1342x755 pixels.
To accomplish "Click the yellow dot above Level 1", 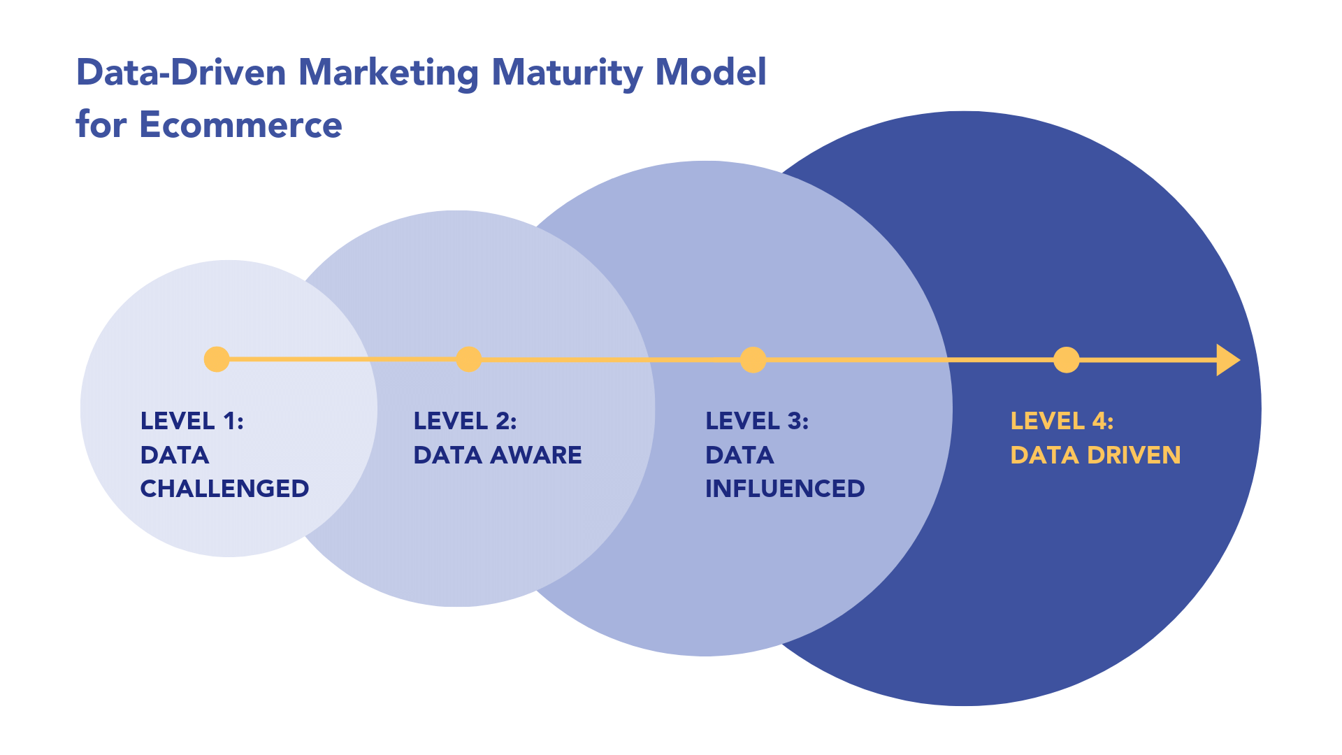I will (217, 359).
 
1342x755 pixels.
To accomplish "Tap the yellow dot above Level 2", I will (468, 359).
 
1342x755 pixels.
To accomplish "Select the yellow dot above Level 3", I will (753, 360).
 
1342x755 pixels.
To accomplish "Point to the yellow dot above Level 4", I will (1066, 360).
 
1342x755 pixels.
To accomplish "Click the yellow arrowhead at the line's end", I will (1227, 360).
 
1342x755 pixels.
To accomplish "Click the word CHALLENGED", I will (224, 489).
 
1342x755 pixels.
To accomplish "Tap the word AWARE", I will (535, 455).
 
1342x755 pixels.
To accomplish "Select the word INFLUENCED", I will (785, 489).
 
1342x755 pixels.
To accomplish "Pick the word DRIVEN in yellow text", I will (1134, 455).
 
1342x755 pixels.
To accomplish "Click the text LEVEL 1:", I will (192, 421).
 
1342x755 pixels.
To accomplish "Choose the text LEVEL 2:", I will (465, 421).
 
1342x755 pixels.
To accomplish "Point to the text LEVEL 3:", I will (757, 421).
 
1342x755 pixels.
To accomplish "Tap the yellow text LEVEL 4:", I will (1062, 421).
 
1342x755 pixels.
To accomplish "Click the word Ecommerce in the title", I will (240, 124).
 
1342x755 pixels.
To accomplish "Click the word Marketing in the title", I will (389, 72).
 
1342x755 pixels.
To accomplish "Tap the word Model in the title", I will (710, 72).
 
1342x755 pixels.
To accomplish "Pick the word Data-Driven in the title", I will (181, 72).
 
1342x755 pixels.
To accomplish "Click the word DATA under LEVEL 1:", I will (175, 455).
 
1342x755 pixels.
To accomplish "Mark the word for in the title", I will (101, 124).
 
